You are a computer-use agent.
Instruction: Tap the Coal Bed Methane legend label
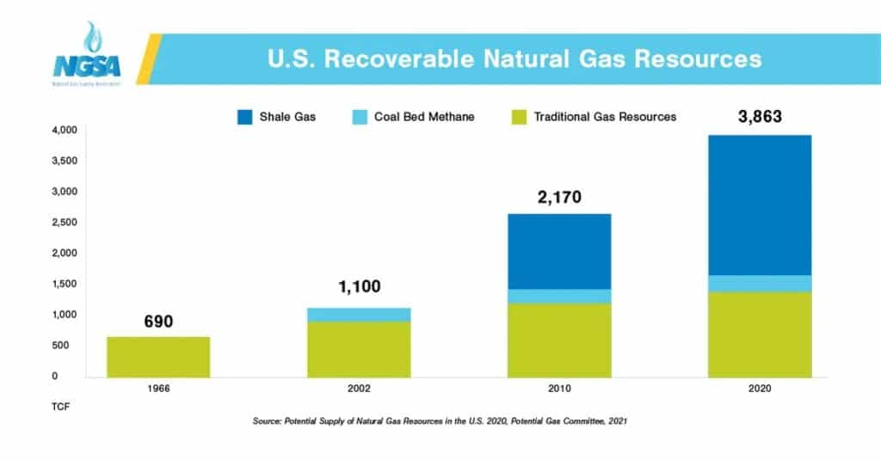point(424,116)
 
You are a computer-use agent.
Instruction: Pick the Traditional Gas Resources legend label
point(605,116)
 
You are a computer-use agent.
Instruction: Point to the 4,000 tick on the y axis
point(65,130)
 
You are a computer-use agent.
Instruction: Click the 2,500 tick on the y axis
point(65,223)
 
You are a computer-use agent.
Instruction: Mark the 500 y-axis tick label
point(69,346)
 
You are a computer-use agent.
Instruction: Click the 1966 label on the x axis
point(158,389)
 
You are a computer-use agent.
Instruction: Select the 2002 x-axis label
point(359,389)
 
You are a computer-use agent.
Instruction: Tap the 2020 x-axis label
point(759,389)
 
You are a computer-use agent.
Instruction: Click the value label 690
point(158,322)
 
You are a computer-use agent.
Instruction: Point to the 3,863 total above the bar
point(760,116)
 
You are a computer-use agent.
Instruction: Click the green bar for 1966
point(158,357)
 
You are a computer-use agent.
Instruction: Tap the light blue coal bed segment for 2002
point(359,314)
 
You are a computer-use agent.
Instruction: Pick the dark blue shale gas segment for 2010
point(559,251)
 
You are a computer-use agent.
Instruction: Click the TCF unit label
point(58,406)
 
